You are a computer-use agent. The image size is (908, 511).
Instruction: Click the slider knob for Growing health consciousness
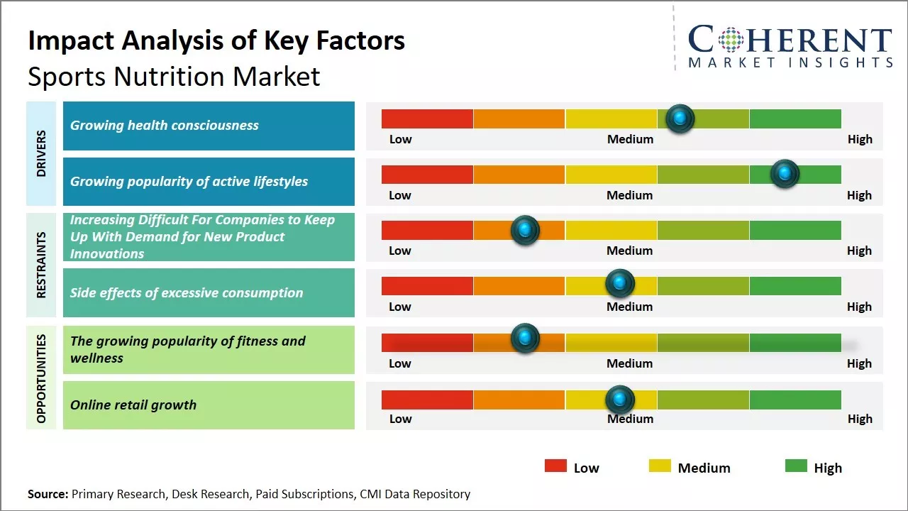tap(680, 119)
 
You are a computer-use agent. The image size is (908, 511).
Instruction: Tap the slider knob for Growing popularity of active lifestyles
tap(785, 174)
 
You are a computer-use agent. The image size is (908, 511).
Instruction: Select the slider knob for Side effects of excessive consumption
tap(620, 284)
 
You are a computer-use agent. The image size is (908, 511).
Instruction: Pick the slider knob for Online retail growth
tap(620, 400)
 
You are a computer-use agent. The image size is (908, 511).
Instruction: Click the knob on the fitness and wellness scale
tap(525, 339)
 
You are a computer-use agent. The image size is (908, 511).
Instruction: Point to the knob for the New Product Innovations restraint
tap(525, 229)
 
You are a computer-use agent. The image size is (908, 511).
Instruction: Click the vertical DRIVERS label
tap(41, 153)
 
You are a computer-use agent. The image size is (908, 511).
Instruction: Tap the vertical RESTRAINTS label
tap(41, 265)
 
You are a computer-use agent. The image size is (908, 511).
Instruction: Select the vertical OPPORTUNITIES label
tap(41, 378)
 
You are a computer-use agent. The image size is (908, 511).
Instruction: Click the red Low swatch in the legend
tap(555, 466)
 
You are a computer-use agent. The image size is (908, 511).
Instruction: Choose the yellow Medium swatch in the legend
tap(660, 466)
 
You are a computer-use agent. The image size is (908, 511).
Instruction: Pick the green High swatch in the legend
tap(796, 466)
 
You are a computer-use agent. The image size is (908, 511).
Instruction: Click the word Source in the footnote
tap(48, 494)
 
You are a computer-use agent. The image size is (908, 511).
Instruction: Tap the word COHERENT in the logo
tap(790, 40)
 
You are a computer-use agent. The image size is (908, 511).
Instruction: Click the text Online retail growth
tap(133, 405)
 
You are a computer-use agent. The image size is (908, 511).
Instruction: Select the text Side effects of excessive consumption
tap(187, 292)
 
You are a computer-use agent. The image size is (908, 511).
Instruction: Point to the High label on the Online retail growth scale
tap(860, 419)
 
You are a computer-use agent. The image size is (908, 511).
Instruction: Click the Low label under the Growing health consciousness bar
tap(400, 139)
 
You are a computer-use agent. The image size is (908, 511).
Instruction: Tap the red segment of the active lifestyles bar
tap(427, 174)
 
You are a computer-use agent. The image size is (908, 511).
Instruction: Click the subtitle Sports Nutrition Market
tap(174, 77)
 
